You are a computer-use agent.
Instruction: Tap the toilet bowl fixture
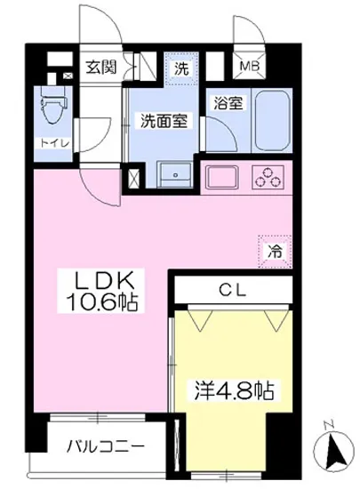click(x=51, y=112)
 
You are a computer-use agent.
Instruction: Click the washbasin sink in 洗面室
click(x=174, y=172)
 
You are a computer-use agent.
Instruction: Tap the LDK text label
click(x=105, y=280)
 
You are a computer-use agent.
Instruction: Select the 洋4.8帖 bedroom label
click(x=234, y=389)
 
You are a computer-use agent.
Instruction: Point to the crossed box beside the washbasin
click(x=133, y=175)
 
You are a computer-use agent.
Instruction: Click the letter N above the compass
click(x=329, y=422)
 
